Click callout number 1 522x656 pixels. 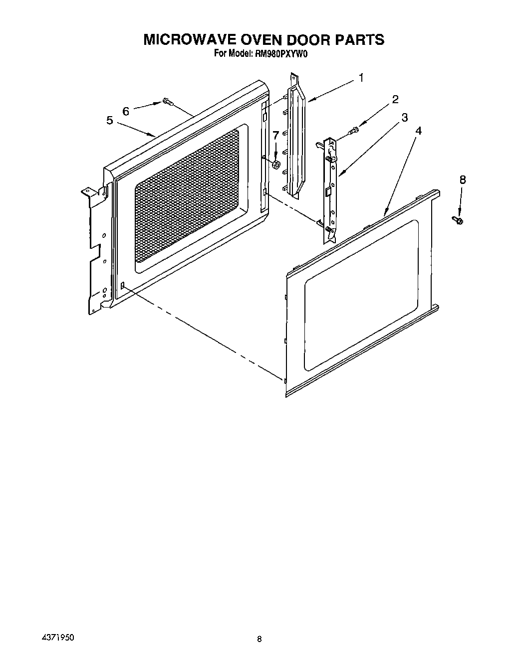coord(360,78)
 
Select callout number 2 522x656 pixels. coord(395,99)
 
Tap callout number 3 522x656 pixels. coord(404,118)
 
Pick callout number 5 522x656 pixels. coord(109,120)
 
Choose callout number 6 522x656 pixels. coord(125,111)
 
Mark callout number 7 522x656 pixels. coord(275,135)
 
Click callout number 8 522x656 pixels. coord(463,179)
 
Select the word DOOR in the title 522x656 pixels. coord(303,40)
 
